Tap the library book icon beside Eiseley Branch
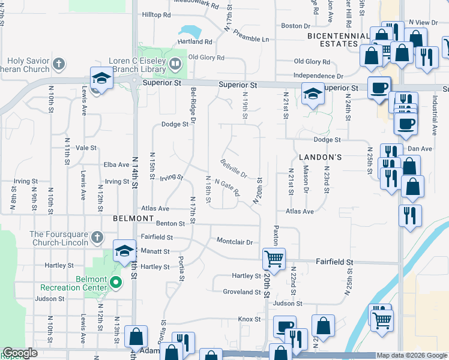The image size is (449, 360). tap(175, 62)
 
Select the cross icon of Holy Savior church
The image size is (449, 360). tap(58, 62)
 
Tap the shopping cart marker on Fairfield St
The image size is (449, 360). tap(274, 259)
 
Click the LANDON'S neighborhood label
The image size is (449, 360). tap(320, 157)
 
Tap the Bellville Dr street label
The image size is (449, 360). tap(234, 169)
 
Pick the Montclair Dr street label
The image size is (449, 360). tap(237, 241)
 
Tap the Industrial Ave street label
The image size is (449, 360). tap(435, 120)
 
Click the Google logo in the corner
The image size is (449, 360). tap(20, 353)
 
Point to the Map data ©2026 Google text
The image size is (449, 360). tap(412, 356)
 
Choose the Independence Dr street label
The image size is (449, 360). tap(318, 76)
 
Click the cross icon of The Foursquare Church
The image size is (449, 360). tap(96, 238)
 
